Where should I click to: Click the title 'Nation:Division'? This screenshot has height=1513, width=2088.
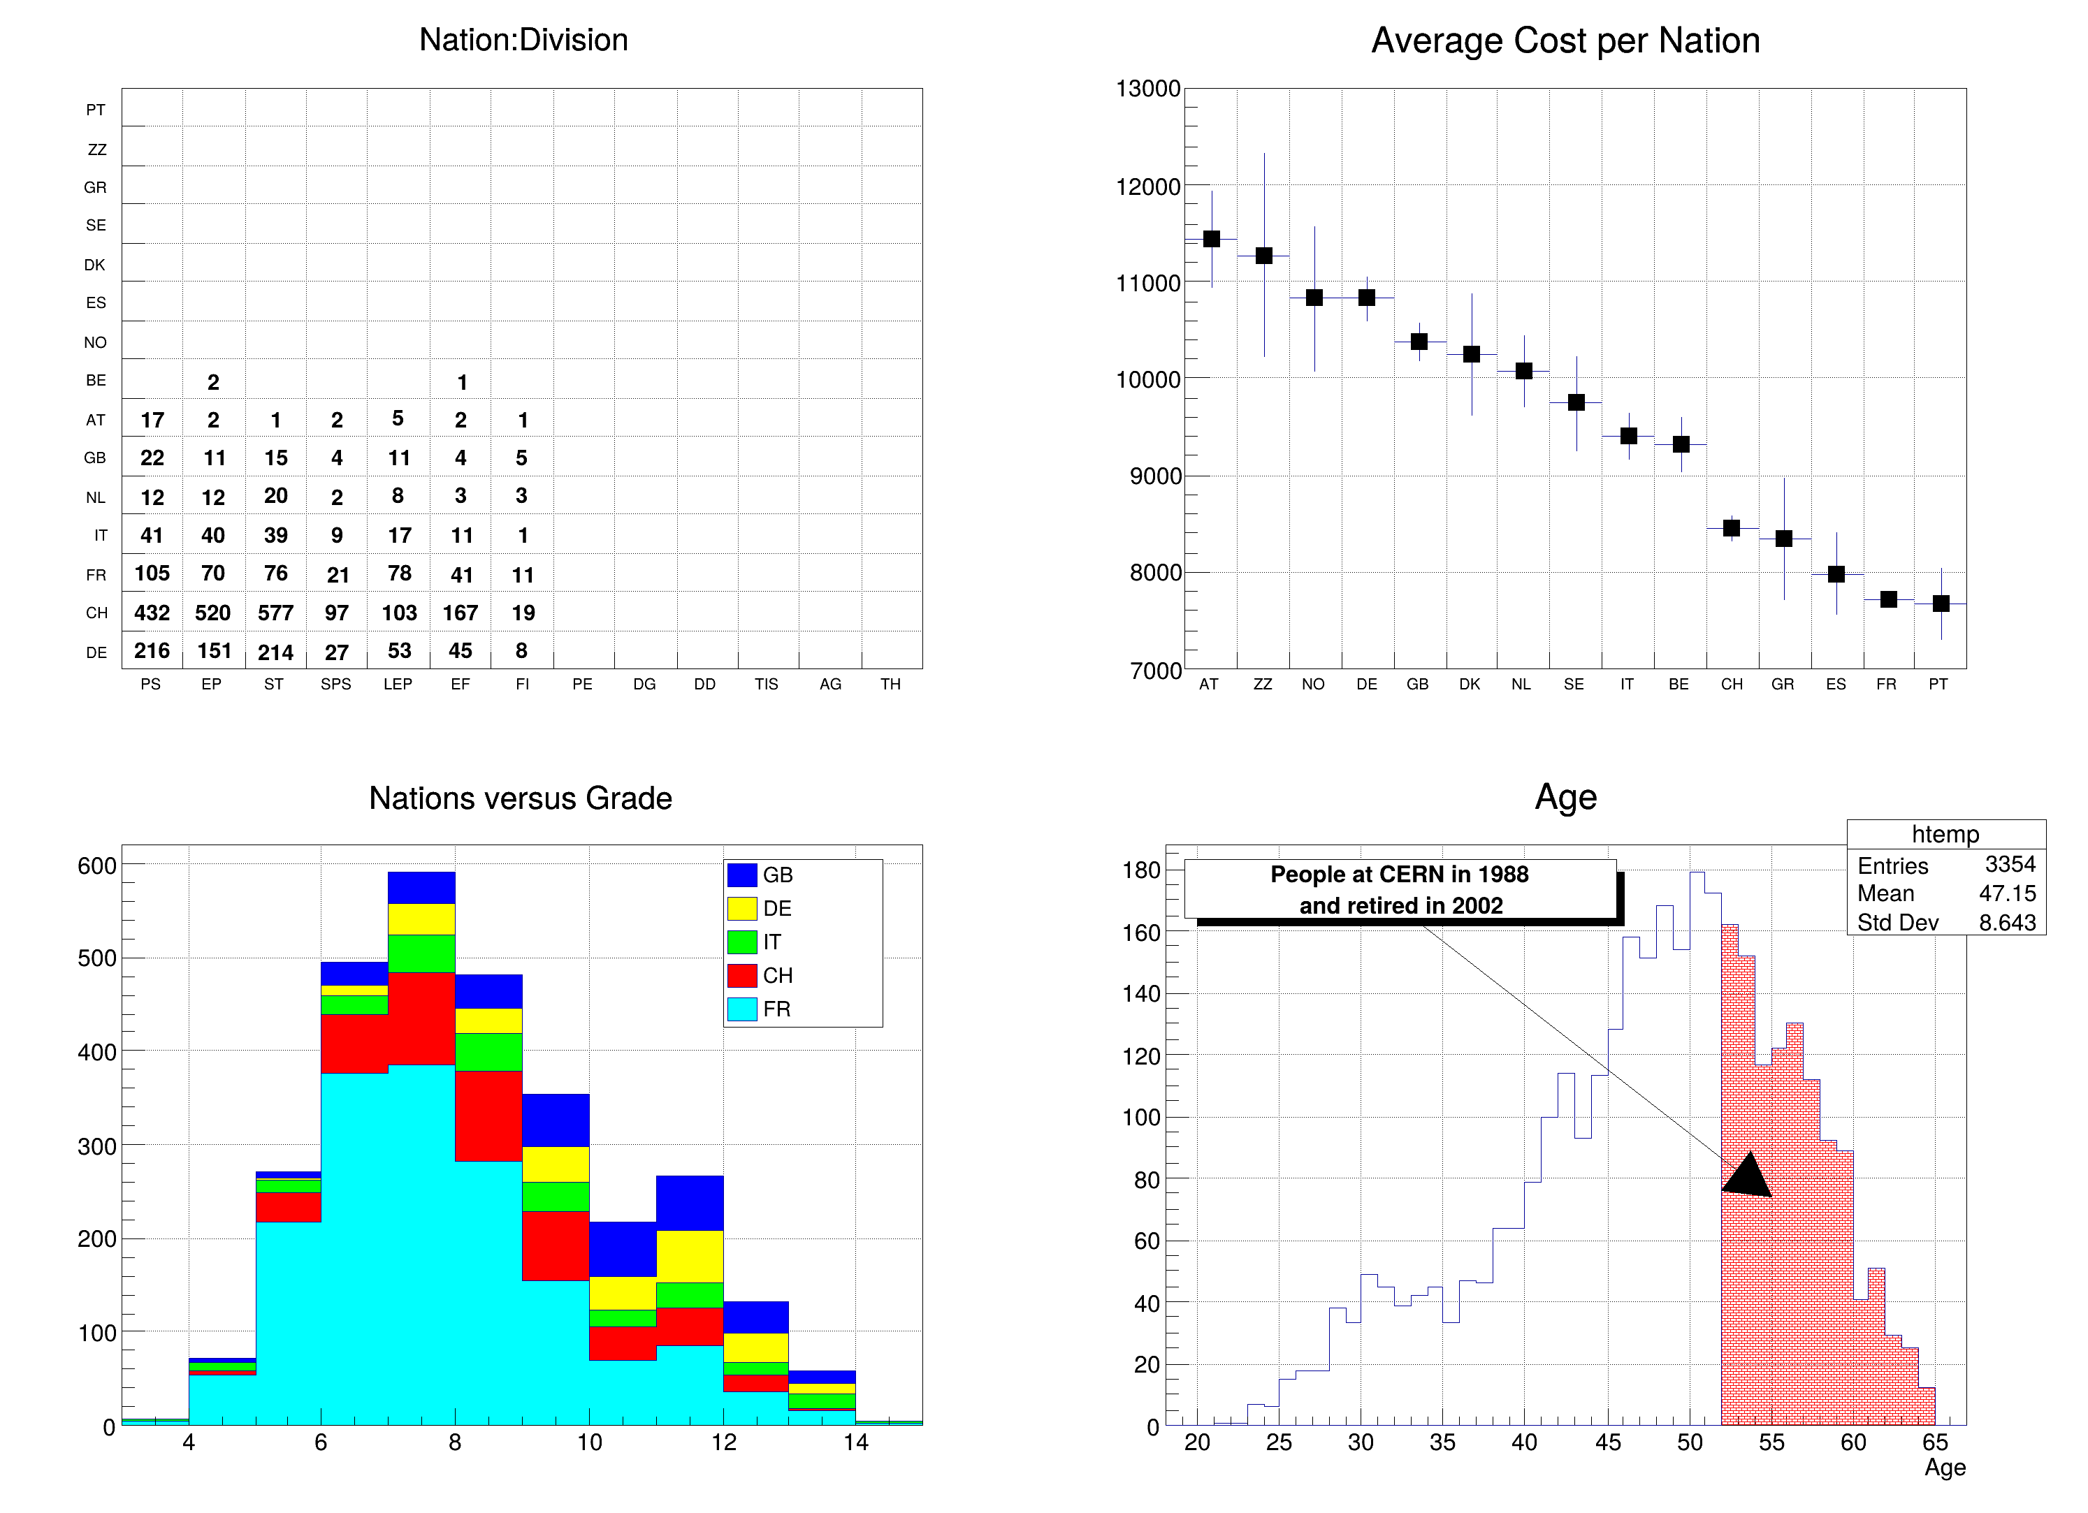pos(523,40)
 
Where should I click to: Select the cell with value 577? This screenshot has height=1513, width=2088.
pos(275,613)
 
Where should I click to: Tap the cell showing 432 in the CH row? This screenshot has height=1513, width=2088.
pos(152,613)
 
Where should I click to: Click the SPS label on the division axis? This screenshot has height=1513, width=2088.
pos(336,684)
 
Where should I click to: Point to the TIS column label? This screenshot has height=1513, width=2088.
pos(766,684)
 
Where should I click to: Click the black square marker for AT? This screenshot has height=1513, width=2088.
pos(1212,238)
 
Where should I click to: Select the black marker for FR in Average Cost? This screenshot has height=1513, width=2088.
pos(1888,599)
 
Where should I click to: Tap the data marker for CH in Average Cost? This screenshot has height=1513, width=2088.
pos(1732,528)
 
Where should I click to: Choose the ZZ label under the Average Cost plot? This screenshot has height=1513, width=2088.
pos(1262,684)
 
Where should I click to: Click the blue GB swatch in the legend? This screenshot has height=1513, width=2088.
pos(742,875)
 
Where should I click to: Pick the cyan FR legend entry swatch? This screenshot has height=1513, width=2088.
pos(742,1009)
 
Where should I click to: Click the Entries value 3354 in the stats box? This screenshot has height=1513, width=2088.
pos(2010,864)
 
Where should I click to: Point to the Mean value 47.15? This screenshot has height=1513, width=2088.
pos(2007,893)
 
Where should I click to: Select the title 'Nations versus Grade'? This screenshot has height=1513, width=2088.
pos(520,798)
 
